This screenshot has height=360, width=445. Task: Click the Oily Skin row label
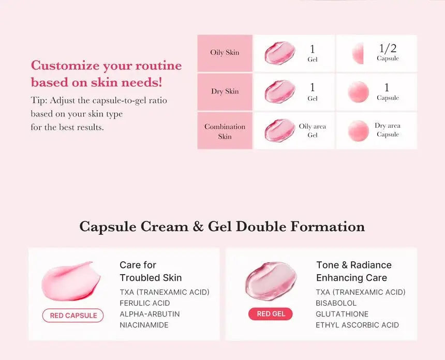[x=225, y=53]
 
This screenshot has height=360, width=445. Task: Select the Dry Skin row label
[x=225, y=92]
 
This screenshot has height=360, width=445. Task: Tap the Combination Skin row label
[x=225, y=131]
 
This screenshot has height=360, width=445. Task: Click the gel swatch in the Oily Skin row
[x=280, y=53]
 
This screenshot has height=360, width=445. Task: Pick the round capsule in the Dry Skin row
[x=358, y=92]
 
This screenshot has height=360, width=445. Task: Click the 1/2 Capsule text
[x=388, y=52]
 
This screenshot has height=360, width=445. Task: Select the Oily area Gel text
[x=313, y=130]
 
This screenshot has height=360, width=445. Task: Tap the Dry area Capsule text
[x=388, y=130]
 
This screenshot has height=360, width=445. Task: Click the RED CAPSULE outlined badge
[x=73, y=316]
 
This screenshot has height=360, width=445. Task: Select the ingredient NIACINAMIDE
[x=144, y=325]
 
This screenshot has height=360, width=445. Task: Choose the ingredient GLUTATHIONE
[x=342, y=314]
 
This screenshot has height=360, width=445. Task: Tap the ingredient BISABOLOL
[x=336, y=303]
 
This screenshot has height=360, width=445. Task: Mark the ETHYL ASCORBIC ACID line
[x=358, y=325]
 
